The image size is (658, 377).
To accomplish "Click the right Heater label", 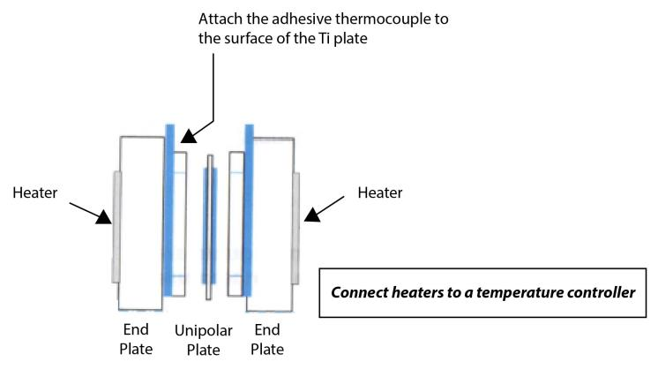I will [x=381, y=192].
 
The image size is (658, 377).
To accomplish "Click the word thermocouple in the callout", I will [x=354, y=19].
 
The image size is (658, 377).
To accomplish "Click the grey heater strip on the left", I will [x=116, y=228].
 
